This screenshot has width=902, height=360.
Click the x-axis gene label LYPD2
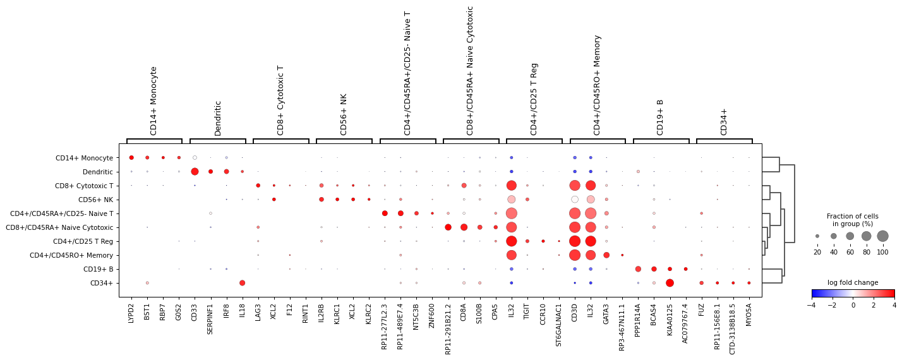coord(131,313)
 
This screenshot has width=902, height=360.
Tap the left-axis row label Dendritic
coord(98,172)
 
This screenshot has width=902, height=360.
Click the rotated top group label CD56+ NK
coord(344,114)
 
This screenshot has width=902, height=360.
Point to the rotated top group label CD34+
coord(724,121)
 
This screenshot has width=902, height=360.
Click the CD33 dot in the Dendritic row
coord(195,172)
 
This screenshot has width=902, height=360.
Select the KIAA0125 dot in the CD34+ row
coord(670,283)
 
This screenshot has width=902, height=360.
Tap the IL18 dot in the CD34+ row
coord(242,283)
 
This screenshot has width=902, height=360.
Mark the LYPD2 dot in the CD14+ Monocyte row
coord(131,158)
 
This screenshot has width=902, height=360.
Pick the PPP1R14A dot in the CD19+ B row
coord(638,269)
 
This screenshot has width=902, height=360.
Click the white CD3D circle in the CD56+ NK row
coord(575,200)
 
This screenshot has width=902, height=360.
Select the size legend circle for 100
coord(882,236)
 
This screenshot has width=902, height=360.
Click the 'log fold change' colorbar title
coord(853,282)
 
